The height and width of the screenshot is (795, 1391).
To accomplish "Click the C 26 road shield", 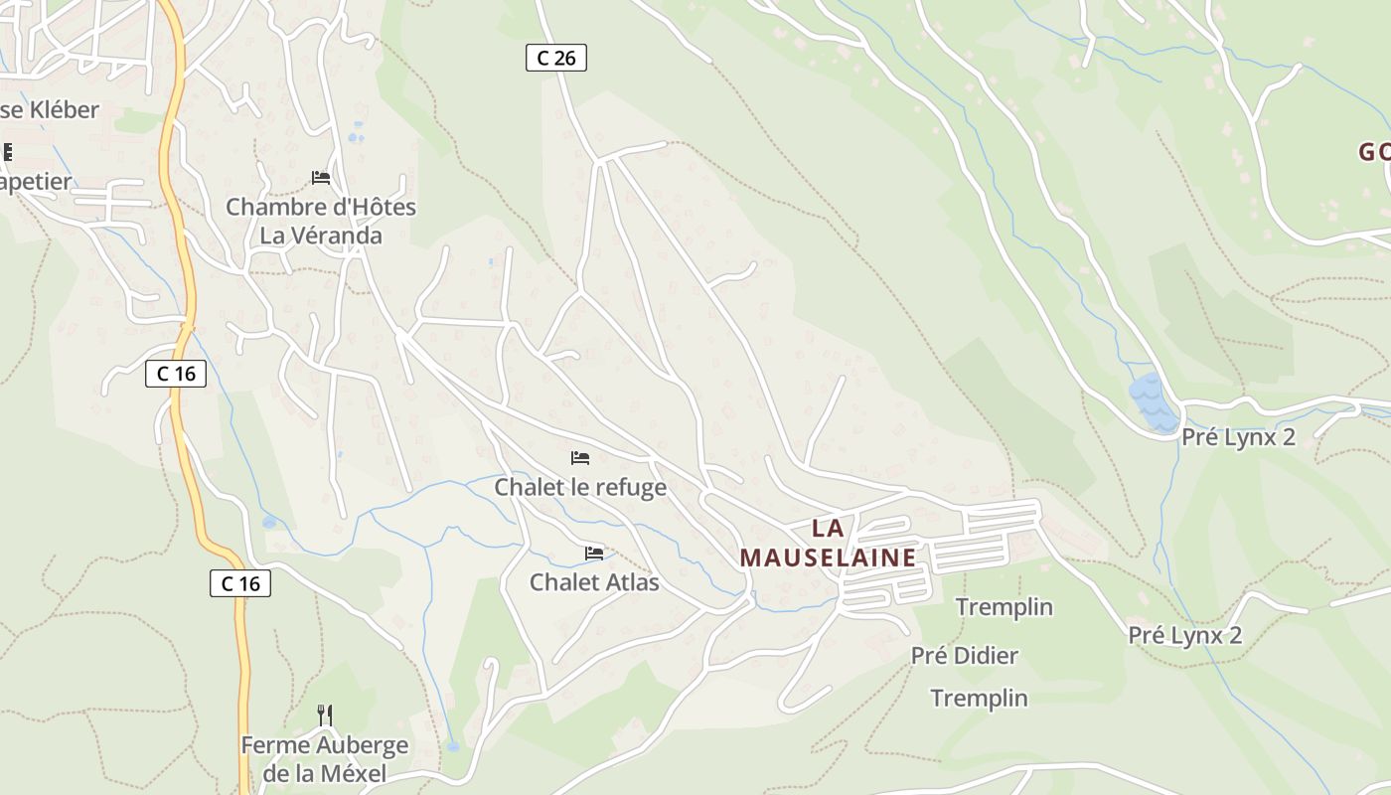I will pos(556,58).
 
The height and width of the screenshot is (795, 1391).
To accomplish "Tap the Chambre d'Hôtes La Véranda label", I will pos(320,221).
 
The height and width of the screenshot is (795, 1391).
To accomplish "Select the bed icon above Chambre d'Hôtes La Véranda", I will pos(321,178).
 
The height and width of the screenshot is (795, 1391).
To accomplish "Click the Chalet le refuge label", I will pos(580,488).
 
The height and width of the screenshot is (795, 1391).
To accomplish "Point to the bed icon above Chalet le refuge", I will pos(580,458).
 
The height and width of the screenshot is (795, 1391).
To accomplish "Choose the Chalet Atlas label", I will pos(594,581).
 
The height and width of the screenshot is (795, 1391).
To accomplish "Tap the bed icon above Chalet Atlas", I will pos(594,553).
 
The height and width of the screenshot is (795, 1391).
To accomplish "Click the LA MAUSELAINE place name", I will pos(828,543).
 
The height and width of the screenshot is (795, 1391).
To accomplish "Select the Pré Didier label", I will pos(965,656).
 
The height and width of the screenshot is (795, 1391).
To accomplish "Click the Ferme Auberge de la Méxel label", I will pos(324,758).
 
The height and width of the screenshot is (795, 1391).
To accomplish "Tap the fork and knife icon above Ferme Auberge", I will pos(324,715).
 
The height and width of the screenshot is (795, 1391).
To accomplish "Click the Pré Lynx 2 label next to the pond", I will pos(1238,437).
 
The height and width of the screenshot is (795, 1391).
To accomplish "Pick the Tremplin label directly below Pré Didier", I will pos(979,699).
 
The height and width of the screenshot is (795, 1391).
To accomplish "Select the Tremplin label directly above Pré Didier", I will pos(1004,607).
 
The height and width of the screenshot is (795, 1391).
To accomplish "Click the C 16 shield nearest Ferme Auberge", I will pos(240,583).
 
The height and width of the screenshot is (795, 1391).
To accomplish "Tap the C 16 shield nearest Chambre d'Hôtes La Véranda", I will pos(177,374).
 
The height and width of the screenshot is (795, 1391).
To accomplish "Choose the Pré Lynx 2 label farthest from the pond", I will pos(1184,635).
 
